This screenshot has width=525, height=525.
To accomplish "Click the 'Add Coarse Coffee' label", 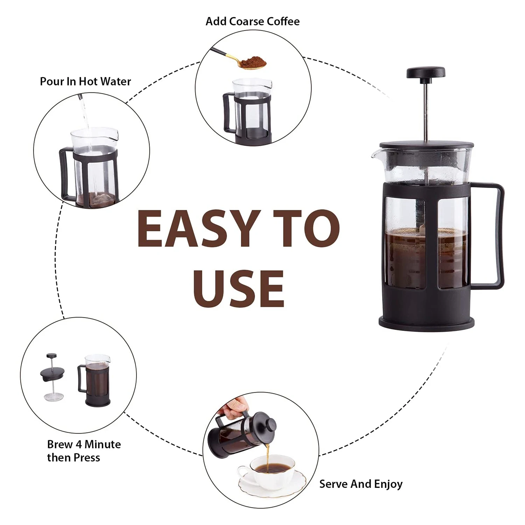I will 252,21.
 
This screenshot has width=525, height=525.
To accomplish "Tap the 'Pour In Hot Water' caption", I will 85,82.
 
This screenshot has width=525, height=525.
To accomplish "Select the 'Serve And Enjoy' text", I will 360,484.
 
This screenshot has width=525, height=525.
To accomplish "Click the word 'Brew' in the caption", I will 60,444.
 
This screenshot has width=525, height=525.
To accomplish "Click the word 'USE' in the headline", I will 238,289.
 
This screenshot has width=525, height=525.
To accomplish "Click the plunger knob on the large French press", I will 426,72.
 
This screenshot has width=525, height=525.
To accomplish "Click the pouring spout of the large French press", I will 376,154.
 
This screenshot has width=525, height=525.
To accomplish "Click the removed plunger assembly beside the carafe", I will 52,376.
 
